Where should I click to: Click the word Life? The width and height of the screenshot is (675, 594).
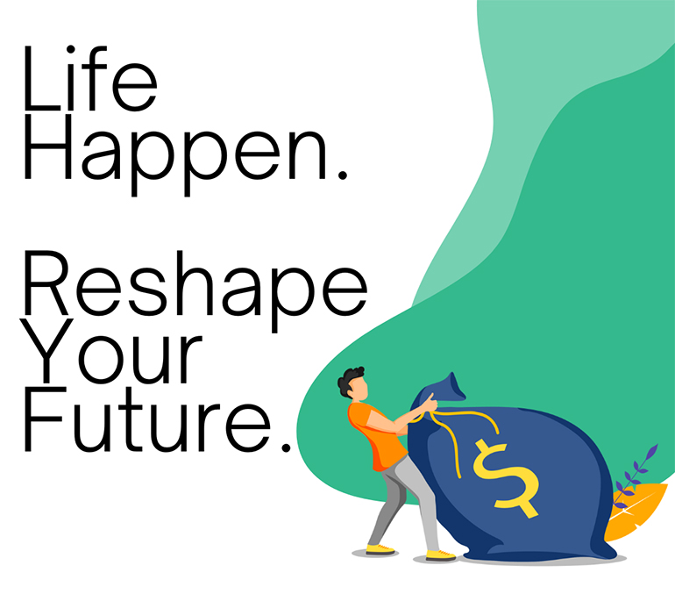coord(90,77)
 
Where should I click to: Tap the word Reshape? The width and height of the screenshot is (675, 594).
coord(195,291)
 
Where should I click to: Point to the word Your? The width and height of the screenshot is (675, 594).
coord(113,351)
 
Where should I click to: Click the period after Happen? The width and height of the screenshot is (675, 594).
coord(343,175)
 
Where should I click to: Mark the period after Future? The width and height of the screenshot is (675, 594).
coord(286,447)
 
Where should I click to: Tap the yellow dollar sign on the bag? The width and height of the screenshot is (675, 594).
coord(506,478)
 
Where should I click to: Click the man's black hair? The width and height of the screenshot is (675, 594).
coord(349,381)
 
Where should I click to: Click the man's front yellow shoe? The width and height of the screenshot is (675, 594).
coord(441,555)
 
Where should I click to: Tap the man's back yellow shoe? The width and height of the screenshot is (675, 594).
coord(380,549)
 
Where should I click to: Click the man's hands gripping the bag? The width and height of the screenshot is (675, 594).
coord(430,404)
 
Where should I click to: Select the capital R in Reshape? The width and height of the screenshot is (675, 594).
coord(46,283)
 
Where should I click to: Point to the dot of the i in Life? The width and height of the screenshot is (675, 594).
coord(71,50)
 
